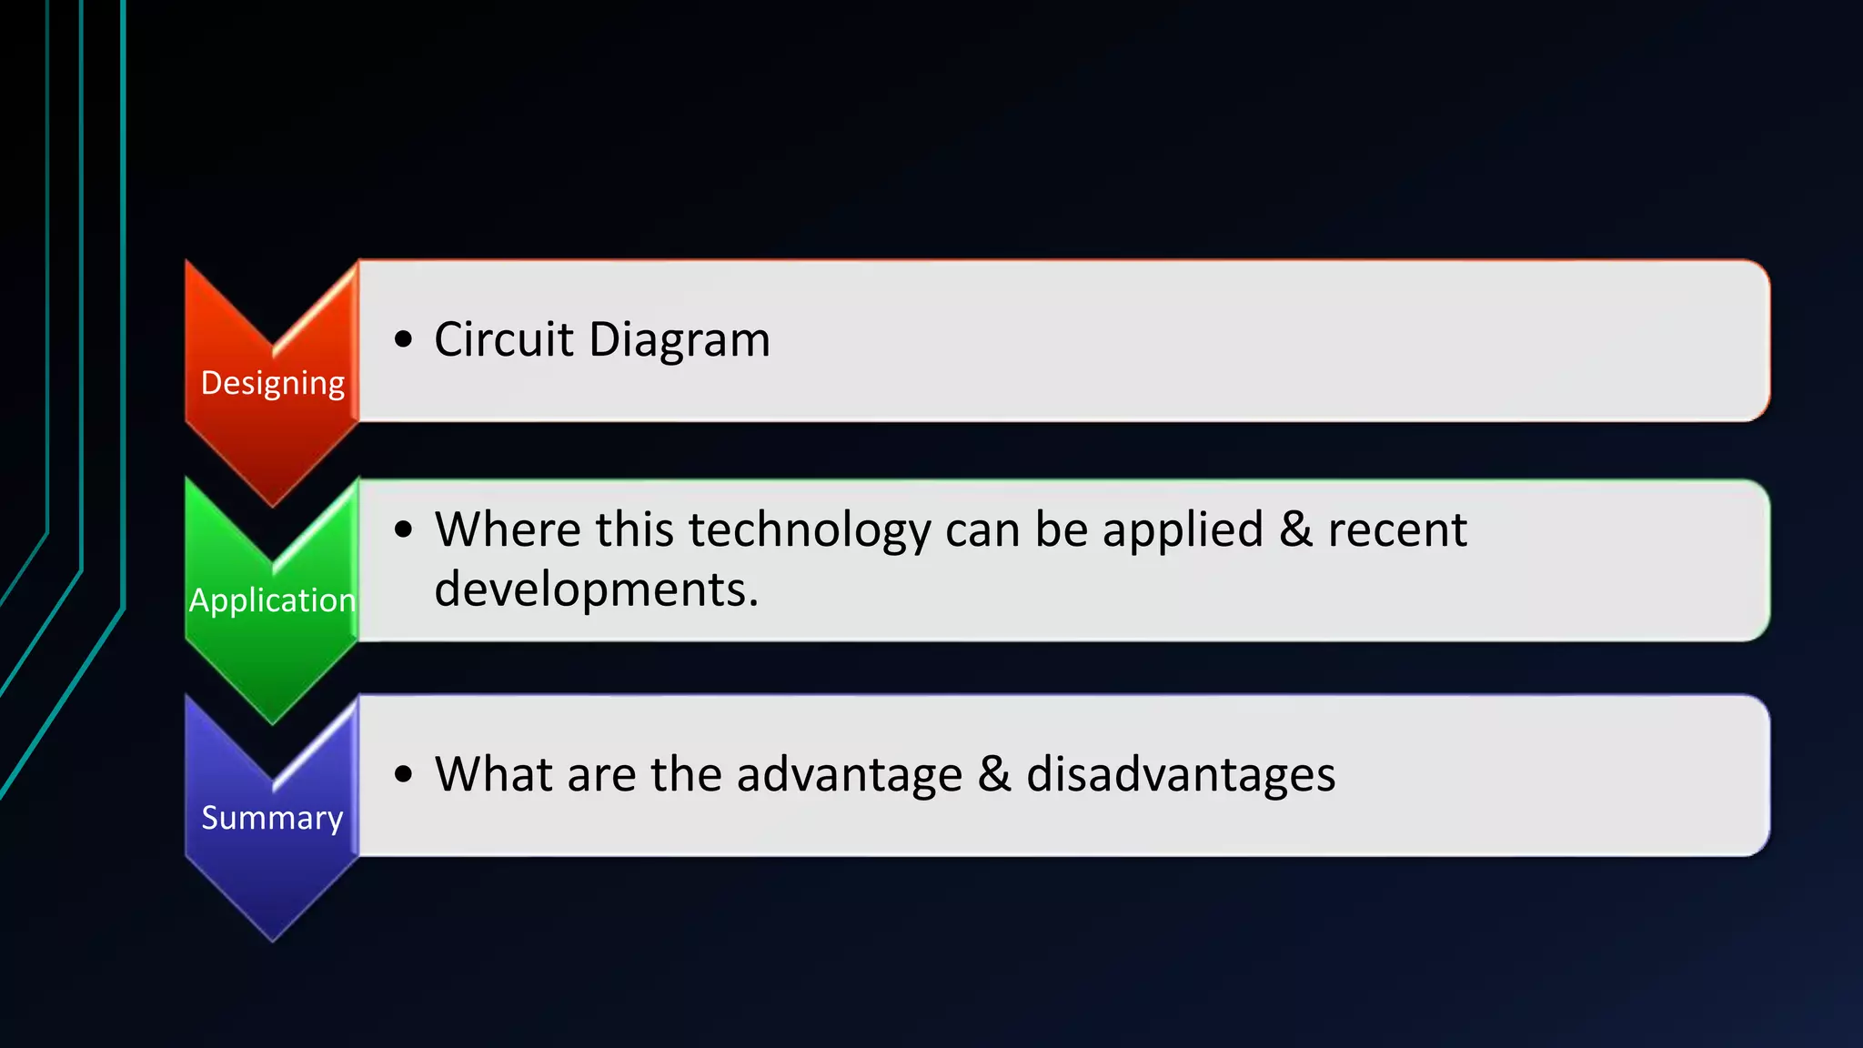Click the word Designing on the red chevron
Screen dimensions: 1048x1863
[272, 384]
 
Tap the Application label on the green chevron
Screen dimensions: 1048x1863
[272, 600]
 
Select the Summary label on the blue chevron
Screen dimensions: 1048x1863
[272, 818]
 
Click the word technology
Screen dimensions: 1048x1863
[810, 530]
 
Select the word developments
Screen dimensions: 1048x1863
[596, 589]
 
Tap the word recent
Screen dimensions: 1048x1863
[1396, 529]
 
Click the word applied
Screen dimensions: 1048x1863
[1183, 531]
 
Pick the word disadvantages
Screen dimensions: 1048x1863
[1180, 775]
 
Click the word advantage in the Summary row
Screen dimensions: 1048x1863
[849, 776]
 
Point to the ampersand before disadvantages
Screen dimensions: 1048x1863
[994, 774]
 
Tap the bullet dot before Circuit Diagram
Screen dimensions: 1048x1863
[404, 339]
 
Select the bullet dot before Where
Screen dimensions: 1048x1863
[404, 529]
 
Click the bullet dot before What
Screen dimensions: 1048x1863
[404, 774]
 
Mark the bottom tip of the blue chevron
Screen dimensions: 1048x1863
[272, 939]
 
